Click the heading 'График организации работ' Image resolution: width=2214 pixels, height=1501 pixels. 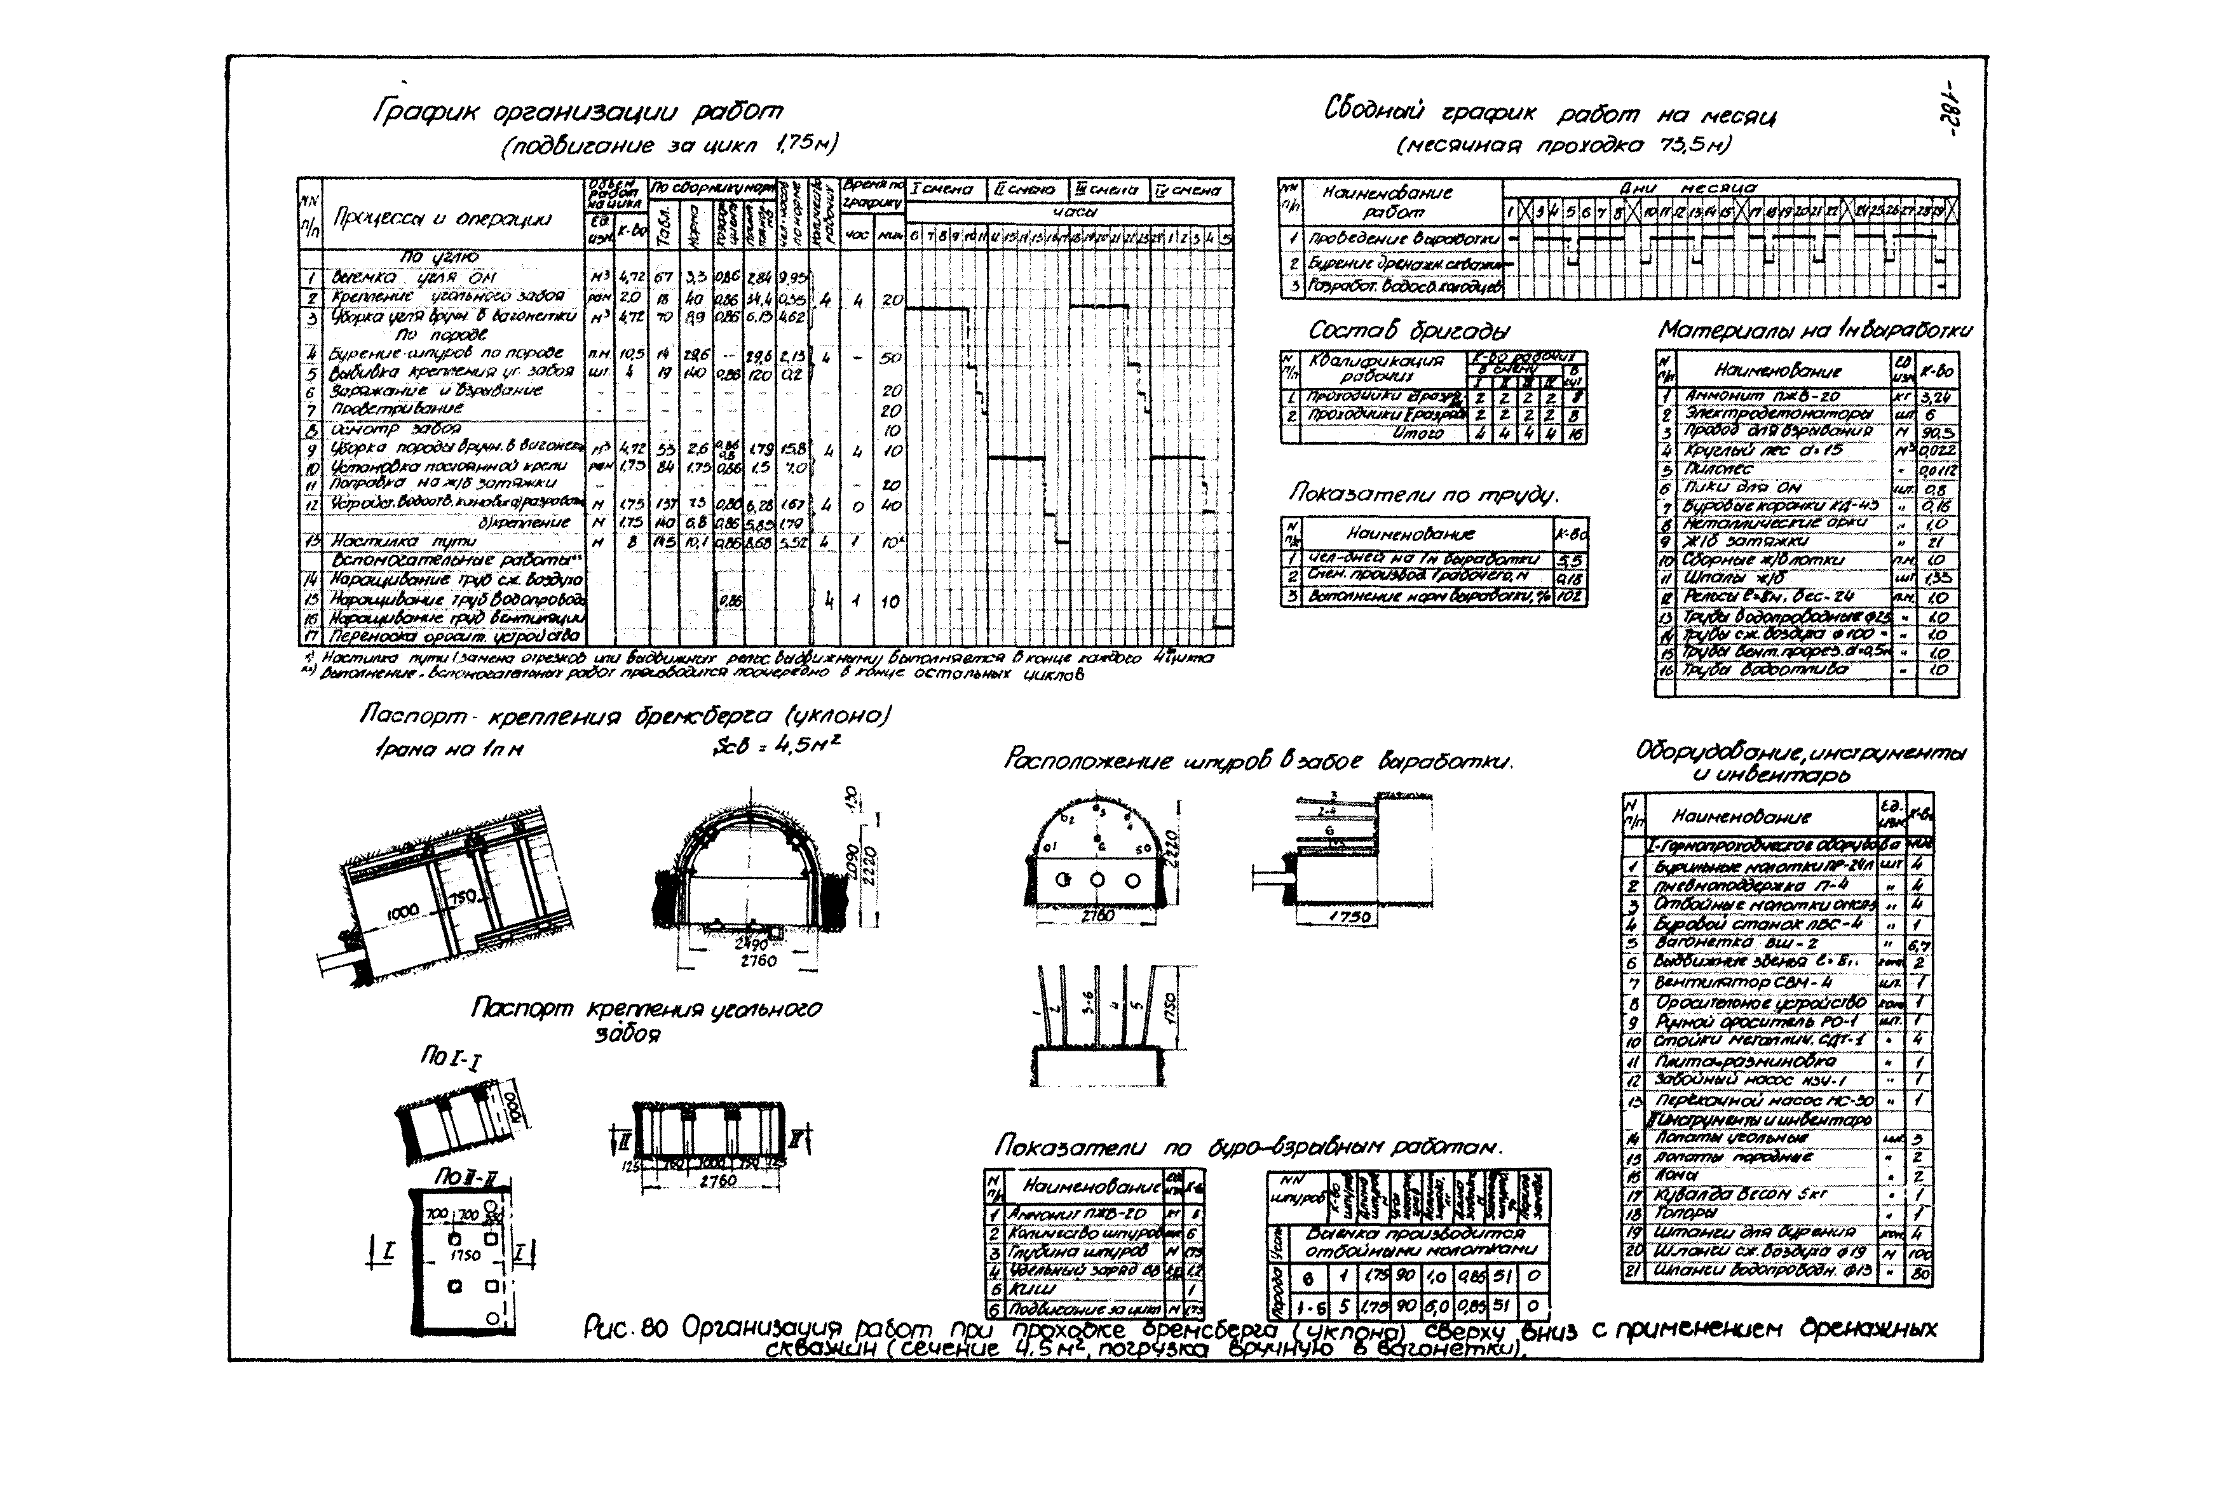578,112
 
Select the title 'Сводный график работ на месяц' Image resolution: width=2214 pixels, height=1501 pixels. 1549,113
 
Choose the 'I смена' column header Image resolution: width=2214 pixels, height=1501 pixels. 942,189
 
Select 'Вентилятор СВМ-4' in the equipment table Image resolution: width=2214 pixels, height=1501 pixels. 1743,982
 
